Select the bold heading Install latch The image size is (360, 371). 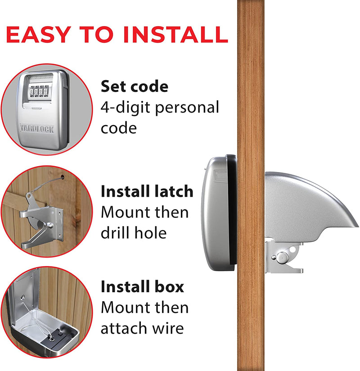147,191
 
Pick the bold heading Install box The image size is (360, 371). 142,287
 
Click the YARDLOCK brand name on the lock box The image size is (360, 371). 37,129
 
